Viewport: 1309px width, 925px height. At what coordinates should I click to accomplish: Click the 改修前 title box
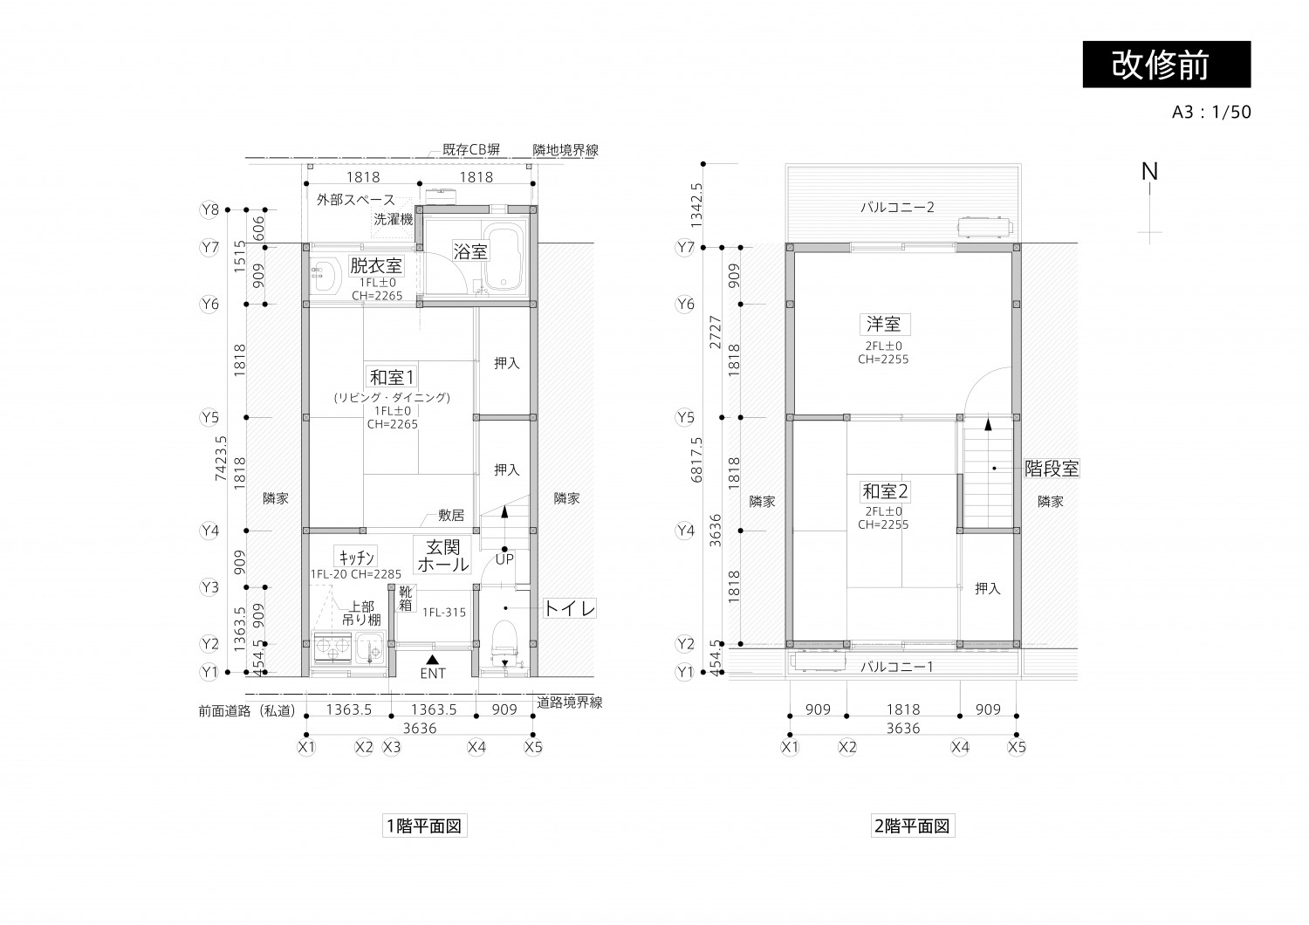1166,64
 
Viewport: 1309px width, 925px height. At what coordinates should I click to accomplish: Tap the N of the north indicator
1150,172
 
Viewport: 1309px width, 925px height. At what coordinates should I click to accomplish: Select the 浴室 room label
470,251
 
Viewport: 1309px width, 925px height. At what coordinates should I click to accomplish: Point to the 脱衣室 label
376,265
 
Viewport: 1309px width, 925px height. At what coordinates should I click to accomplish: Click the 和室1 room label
392,377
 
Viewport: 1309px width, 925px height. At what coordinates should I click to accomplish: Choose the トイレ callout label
570,608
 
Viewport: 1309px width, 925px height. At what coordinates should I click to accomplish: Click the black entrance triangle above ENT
432,658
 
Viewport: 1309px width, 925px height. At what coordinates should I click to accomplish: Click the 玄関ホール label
443,556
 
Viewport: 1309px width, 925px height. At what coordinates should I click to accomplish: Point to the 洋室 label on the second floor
883,324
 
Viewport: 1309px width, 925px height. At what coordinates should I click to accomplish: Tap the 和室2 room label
885,491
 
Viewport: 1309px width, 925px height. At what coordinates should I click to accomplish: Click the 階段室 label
1052,469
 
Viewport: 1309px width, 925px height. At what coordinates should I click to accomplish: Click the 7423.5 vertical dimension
221,460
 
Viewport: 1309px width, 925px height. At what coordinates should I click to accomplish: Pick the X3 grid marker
392,747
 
